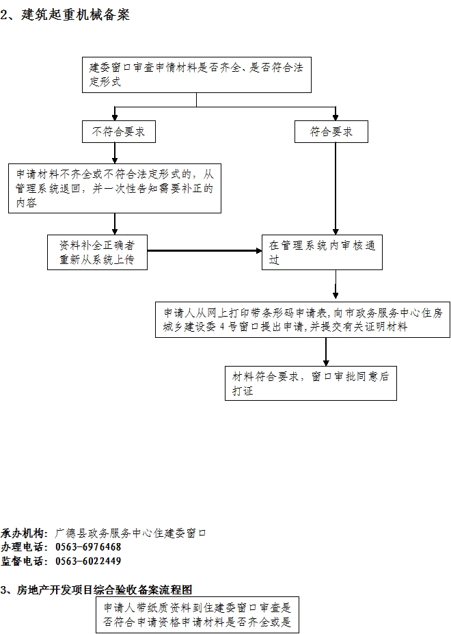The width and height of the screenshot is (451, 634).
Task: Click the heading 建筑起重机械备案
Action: (75, 15)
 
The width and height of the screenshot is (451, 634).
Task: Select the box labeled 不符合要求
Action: (119, 131)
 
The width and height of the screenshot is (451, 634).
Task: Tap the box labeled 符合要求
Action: (331, 131)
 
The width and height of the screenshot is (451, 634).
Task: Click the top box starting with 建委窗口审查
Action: (196, 75)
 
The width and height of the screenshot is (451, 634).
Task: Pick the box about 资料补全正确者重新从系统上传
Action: (97, 252)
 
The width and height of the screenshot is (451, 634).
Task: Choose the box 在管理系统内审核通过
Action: (322, 252)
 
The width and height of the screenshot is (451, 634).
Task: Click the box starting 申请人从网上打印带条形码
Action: (303, 319)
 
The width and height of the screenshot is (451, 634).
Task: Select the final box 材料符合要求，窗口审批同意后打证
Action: (311, 383)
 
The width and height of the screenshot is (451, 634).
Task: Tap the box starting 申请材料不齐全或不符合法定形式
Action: (115, 188)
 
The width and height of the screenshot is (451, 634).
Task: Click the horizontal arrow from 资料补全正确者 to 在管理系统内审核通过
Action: (204, 251)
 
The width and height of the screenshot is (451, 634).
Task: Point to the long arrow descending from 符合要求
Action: (336, 189)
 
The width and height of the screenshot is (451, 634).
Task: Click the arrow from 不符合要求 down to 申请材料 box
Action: (115, 153)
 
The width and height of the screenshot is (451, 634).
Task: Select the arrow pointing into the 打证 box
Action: (326, 352)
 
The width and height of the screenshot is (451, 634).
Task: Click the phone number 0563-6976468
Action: (88, 547)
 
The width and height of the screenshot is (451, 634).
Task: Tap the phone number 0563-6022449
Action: (88, 562)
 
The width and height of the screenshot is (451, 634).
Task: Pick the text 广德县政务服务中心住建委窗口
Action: (131, 533)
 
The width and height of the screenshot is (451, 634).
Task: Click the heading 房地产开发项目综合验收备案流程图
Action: (105, 590)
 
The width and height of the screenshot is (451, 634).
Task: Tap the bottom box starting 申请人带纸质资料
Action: (197, 615)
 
